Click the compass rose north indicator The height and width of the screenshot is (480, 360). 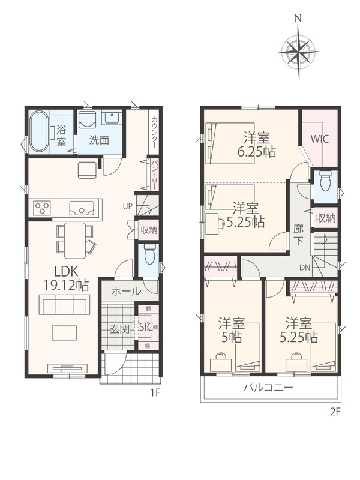(x=298, y=19)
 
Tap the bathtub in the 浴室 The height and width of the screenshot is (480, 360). (x=39, y=131)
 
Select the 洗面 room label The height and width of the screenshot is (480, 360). (x=99, y=140)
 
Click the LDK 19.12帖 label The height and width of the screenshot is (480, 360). (x=66, y=278)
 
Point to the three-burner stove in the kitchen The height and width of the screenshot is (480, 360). (x=41, y=208)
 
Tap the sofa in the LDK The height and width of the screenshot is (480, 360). (x=64, y=305)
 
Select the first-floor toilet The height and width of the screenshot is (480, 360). (x=149, y=254)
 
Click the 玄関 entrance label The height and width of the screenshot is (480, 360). (x=119, y=330)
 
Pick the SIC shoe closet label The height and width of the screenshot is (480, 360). (x=146, y=327)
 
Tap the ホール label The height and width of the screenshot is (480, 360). (x=127, y=291)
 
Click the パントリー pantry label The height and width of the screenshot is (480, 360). (x=154, y=174)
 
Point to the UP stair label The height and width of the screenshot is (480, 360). (x=127, y=206)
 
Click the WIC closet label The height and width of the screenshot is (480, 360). (x=320, y=139)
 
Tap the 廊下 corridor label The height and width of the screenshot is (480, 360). (x=298, y=235)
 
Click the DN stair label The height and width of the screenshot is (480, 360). (x=305, y=268)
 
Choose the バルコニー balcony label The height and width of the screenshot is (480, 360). (x=268, y=388)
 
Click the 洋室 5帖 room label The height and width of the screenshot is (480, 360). (x=231, y=330)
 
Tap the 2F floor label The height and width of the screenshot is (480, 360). (x=335, y=412)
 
